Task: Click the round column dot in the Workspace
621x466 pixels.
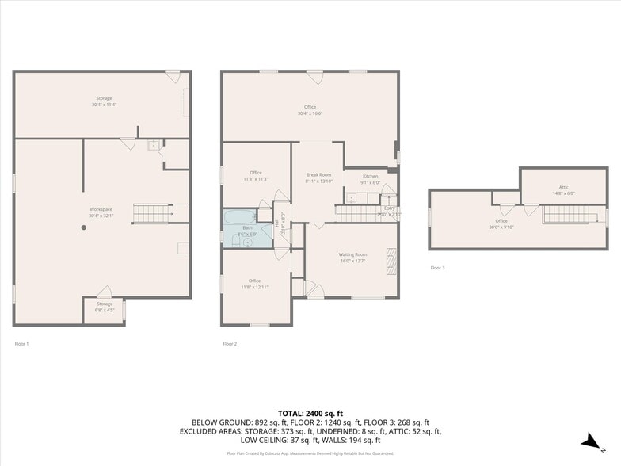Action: coord(83,227)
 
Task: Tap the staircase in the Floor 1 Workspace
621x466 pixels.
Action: coord(151,212)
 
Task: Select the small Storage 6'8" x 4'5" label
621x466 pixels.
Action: coord(105,307)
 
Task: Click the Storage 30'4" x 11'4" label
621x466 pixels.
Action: coord(105,101)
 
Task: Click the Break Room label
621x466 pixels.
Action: coord(319,178)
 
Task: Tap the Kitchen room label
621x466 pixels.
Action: coord(371,178)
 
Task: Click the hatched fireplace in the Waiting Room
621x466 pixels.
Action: coord(390,260)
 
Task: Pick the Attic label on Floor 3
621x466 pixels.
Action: coord(563,190)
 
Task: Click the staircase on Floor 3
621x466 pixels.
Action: coord(567,214)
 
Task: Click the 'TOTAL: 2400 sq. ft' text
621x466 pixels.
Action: coord(310,413)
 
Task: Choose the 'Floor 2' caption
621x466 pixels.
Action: coord(230,344)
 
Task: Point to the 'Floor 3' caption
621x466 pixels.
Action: coord(437,268)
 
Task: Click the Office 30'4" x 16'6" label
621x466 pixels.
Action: coord(310,109)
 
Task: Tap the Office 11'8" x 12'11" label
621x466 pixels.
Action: coord(254,283)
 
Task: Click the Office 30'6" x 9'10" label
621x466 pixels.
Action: coord(501,223)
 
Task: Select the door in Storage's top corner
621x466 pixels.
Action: coord(173,77)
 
